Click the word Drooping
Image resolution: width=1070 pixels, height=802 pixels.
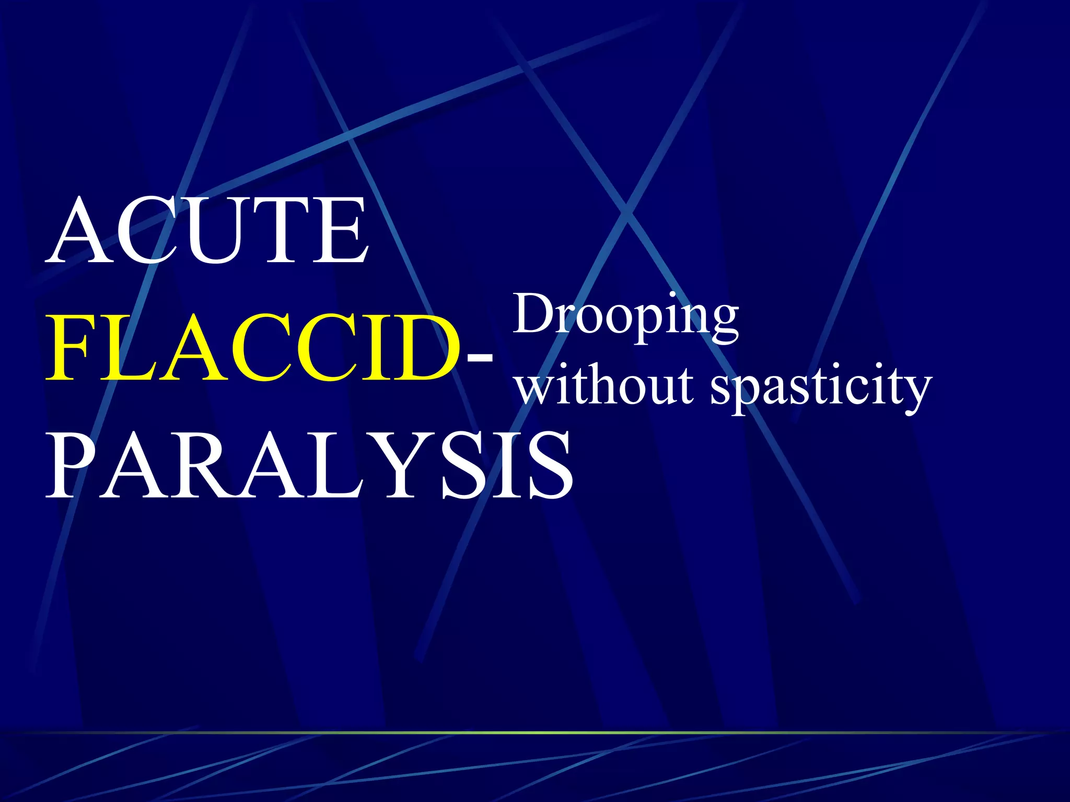tap(625, 316)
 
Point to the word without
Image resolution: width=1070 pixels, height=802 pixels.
tap(605, 386)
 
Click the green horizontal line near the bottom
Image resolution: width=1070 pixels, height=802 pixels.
tap(535, 733)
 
